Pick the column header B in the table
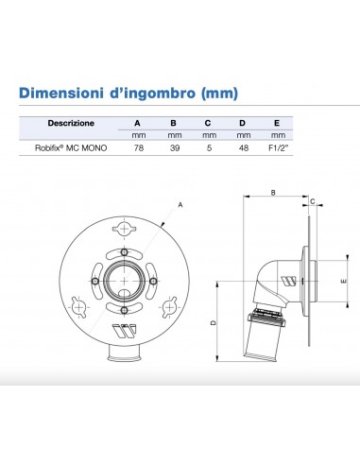[x=173, y=123]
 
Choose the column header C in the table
[x=208, y=123]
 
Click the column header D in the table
[x=243, y=123]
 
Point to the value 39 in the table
[x=173, y=148]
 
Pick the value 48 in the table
[x=243, y=148]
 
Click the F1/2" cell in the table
[x=278, y=148]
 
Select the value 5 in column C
[x=208, y=148]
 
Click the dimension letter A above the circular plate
[x=179, y=203]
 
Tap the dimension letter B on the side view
[x=272, y=193]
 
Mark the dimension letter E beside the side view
[x=342, y=281]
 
